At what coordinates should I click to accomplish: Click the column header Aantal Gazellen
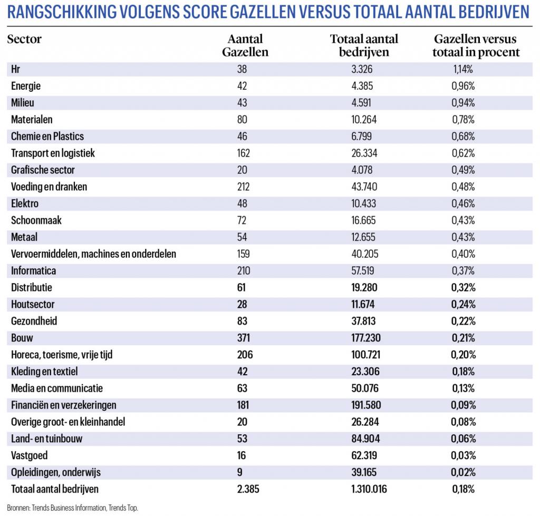[x=245, y=45]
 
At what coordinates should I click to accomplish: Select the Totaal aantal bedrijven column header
[x=364, y=45]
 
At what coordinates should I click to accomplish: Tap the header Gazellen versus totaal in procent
[x=476, y=45]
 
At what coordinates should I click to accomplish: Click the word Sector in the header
[x=24, y=39]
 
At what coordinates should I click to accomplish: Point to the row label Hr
[x=15, y=69]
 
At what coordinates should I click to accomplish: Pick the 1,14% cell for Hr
[x=463, y=69]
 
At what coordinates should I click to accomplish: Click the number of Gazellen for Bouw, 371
[x=243, y=338]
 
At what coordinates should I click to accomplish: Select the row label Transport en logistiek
[x=53, y=153]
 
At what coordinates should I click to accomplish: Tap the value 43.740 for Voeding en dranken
[x=364, y=187]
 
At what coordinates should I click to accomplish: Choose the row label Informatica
[x=33, y=270]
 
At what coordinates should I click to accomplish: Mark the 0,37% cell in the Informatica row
[x=463, y=270]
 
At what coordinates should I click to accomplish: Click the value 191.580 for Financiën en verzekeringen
[x=366, y=405]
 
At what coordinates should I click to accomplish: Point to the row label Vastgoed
[x=30, y=455]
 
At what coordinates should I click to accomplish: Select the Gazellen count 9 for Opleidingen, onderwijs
[x=240, y=472]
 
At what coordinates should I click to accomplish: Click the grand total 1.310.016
[x=369, y=489]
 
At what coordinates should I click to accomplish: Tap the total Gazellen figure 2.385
[x=248, y=489]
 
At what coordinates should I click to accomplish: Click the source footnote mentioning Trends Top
[x=72, y=508]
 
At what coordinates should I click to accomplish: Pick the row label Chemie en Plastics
[x=47, y=137]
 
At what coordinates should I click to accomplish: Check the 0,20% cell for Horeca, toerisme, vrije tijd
[x=463, y=355]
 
